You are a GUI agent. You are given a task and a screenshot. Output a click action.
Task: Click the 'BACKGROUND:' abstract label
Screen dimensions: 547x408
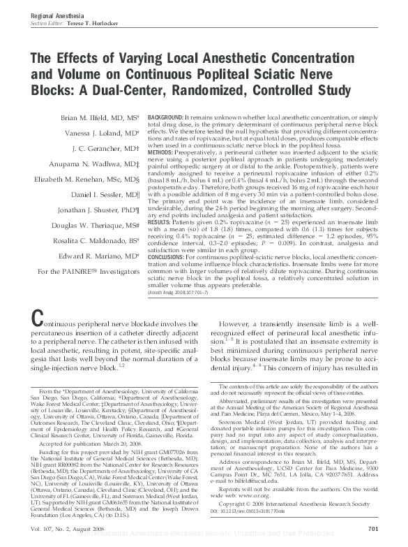pyautogui.click(x=166, y=116)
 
